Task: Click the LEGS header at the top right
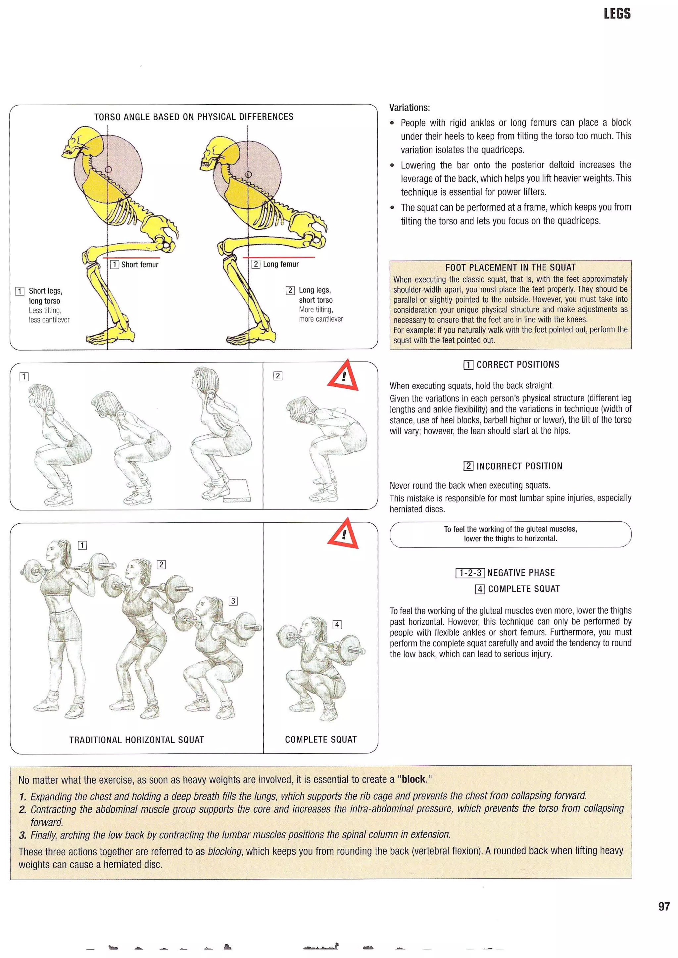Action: (617, 14)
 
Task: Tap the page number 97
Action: (663, 906)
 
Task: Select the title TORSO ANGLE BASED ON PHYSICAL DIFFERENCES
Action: (194, 117)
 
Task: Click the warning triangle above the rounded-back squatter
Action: (343, 376)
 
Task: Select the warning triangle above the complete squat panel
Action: (343, 534)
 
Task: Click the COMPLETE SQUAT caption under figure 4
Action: (321, 740)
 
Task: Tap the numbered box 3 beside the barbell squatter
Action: (233, 601)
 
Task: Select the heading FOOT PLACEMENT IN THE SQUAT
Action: (510, 267)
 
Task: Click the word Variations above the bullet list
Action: (409, 108)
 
